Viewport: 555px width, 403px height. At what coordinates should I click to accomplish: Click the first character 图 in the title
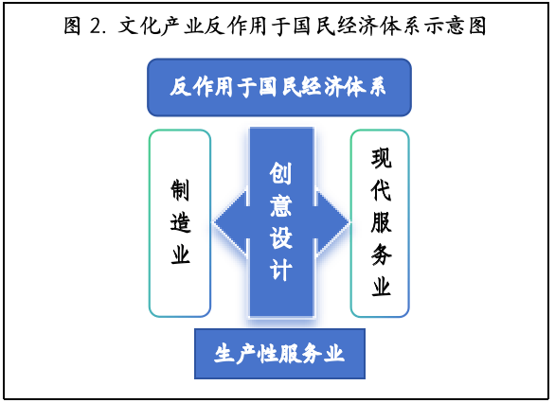click(73, 26)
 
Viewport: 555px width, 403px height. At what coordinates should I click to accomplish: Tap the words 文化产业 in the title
click(161, 26)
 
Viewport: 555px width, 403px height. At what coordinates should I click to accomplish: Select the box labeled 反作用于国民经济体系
click(279, 87)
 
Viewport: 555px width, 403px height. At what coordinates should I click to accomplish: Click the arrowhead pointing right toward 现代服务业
click(332, 222)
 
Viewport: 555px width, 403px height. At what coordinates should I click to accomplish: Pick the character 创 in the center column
click(280, 173)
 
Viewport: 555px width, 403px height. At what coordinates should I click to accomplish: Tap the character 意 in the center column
click(280, 205)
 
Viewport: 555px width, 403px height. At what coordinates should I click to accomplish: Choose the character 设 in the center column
click(280, 237)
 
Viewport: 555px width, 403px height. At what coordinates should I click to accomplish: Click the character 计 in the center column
click(280, 270)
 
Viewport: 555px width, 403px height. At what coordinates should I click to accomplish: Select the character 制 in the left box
click(180, 190)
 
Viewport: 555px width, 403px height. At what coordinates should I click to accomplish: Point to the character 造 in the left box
click(180, 222)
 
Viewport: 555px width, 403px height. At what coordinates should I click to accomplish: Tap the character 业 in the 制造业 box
click(180, 254)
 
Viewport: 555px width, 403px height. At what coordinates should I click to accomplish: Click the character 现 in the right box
click(382, 158)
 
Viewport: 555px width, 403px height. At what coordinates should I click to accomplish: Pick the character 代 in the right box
click(382, 190)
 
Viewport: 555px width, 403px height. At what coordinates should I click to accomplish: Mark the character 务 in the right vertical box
click(382, 254)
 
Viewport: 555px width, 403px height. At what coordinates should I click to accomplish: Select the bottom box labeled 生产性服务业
click(279, 354)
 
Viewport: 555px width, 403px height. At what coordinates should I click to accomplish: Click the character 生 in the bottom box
click(224, 354)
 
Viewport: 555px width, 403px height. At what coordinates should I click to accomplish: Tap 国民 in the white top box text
click(279, 87)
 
